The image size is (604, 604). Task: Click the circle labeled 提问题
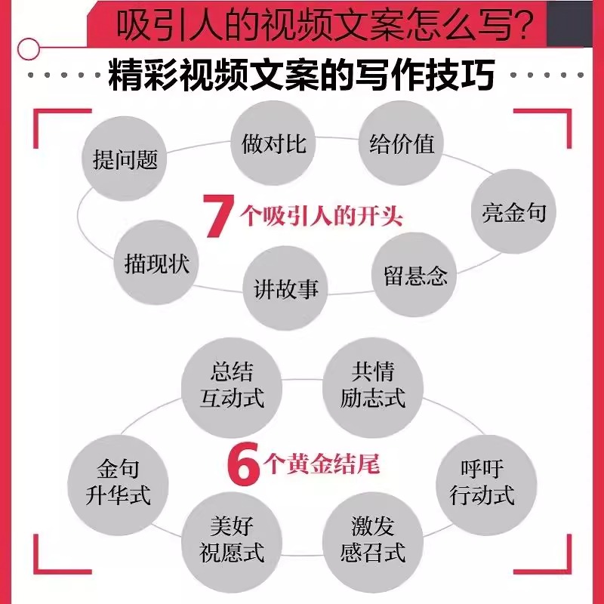(x=125, y=159)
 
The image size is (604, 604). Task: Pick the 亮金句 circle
(x=513, y=212)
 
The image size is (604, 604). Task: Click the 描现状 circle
(x=157, y=263)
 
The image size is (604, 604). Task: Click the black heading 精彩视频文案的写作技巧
(x=302, y=76)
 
